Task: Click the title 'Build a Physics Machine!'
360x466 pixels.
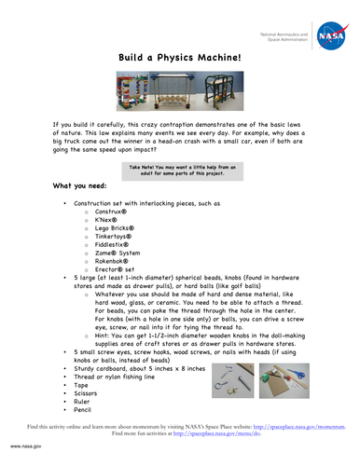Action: pos(179,58)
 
